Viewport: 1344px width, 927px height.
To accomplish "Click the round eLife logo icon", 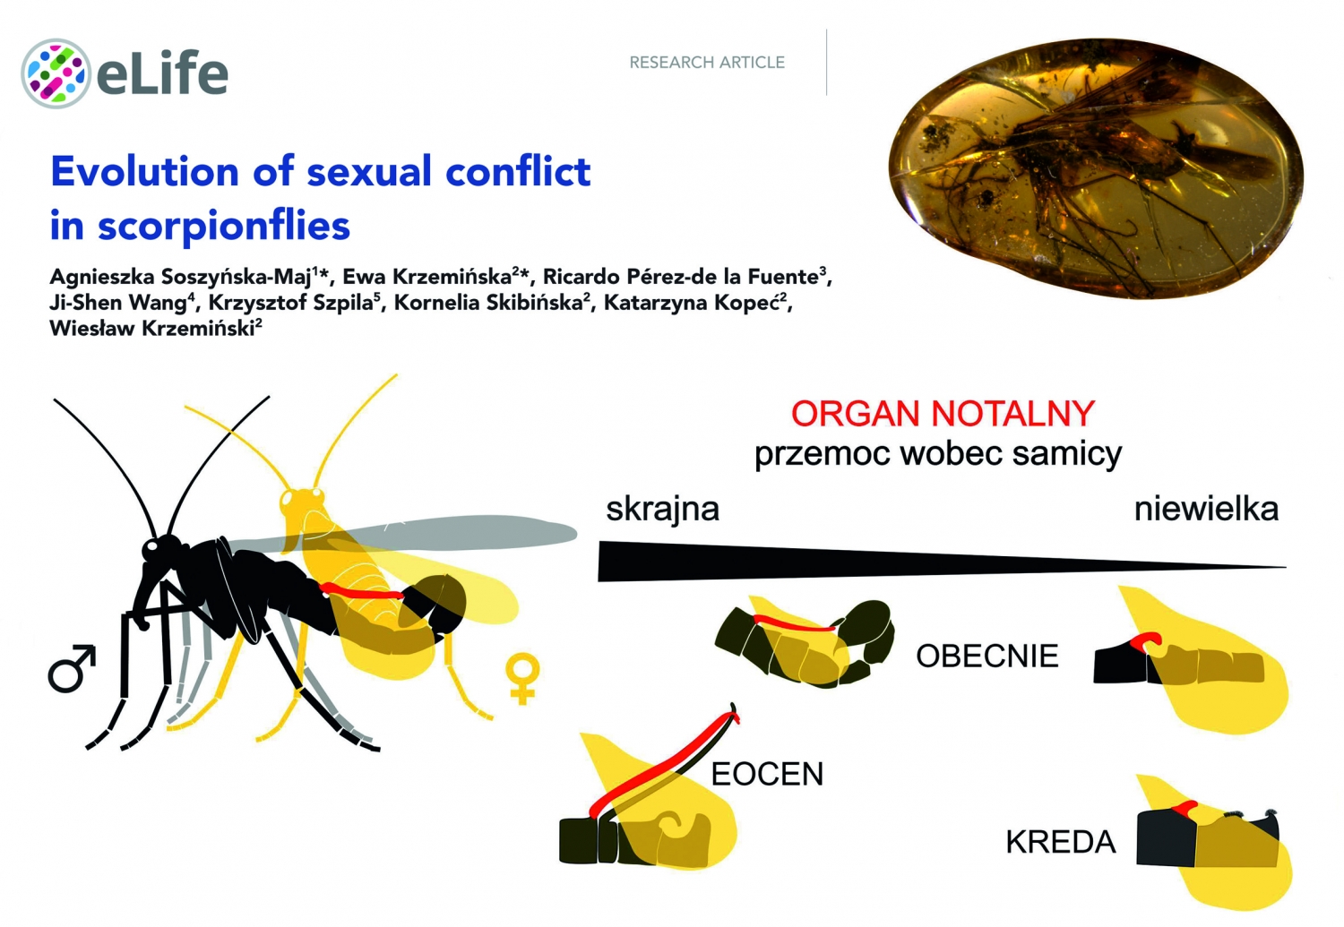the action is [56, 73].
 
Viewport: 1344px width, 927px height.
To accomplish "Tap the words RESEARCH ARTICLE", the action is [707, 63].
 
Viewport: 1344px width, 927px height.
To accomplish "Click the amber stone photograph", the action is [1096, 168].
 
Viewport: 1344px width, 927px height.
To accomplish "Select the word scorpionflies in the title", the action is [224, 227].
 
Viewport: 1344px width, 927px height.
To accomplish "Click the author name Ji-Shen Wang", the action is [118, 303].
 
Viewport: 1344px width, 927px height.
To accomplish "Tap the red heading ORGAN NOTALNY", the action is [943, 414].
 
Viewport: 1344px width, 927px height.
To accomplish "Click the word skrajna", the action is [662, 510].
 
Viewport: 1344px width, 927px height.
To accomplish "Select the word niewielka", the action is [1206, 510].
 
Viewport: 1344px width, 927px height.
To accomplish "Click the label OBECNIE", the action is [987, 656].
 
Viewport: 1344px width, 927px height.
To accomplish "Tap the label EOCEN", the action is [767, 774].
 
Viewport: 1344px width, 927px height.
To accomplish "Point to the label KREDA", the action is [1060, 842].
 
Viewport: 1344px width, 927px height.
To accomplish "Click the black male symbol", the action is [72, 668].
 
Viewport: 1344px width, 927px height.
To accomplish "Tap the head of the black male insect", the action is [159, 550].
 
